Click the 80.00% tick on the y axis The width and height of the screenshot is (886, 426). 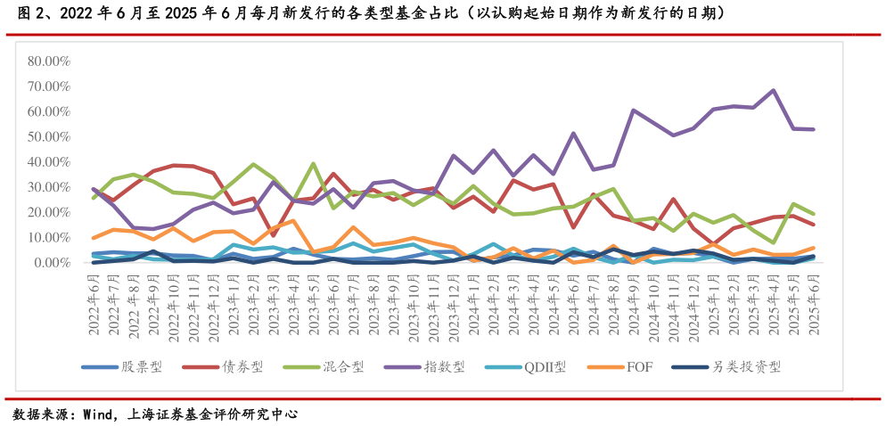tap(49, 61)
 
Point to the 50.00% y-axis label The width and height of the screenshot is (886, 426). tap(49, 137)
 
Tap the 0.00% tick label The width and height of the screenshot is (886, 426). tap(52, 263)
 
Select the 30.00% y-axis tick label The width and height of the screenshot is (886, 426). tap(49, 187)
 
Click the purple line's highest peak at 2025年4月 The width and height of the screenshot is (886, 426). tap(773, 90)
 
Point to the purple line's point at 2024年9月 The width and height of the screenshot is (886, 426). tap(633, 111)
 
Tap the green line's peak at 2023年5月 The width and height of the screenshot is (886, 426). tap(314, 164)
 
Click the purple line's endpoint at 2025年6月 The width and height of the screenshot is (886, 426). tap(813, 129)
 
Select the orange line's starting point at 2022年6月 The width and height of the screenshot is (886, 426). tap(94, 238)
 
